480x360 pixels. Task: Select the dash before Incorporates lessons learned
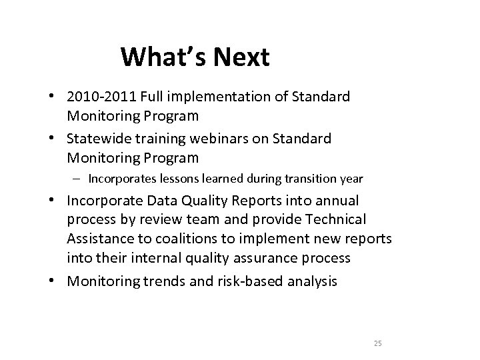coord(79,179)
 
